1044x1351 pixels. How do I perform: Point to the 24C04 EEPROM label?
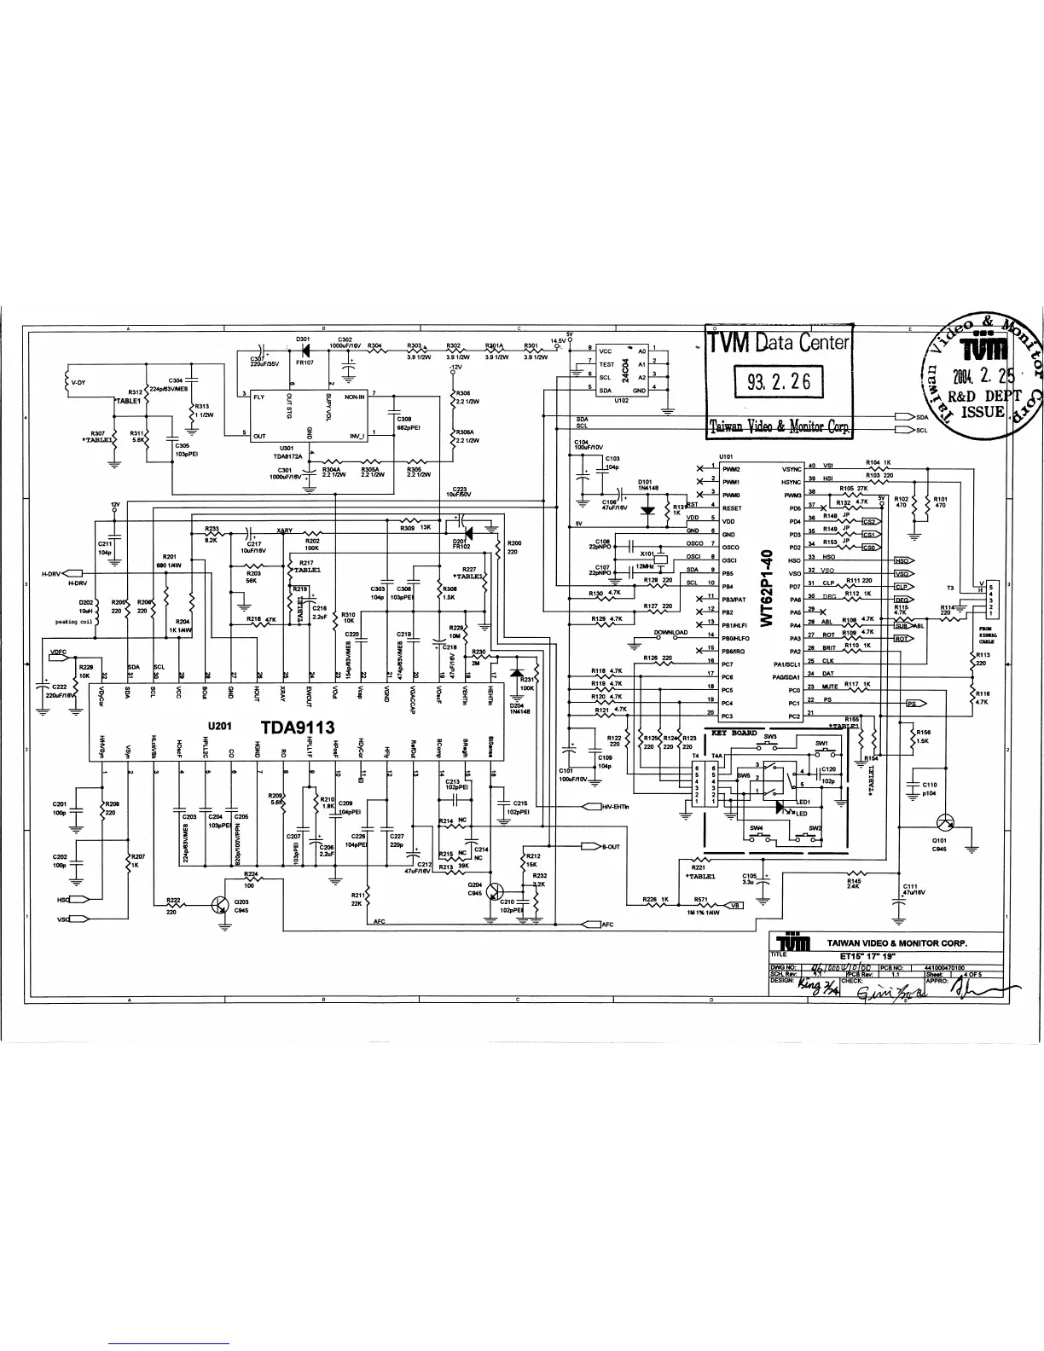tap(626, 370)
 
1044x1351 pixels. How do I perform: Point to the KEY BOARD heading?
tap(734, 733)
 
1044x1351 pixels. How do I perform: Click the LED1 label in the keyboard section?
tap(803, 803)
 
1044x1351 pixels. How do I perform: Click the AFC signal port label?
tap(607, 924)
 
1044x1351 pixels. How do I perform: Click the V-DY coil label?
tap(78, 382)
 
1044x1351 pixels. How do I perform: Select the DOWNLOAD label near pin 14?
tap(670, 633)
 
